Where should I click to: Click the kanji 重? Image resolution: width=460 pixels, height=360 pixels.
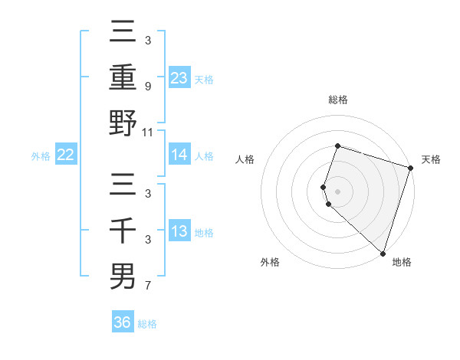tap(123, 77)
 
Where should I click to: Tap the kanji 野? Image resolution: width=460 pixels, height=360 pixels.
tap(123, 123)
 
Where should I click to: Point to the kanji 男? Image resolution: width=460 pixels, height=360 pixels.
tap(123, 276)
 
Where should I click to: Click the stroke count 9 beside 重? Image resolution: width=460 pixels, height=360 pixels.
tap(147, 87)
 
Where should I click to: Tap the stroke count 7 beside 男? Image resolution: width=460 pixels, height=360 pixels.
tap(147, 286)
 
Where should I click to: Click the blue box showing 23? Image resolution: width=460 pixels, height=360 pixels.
tap(179, 77)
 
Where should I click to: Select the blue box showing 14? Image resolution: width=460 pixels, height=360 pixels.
tap(179, 155)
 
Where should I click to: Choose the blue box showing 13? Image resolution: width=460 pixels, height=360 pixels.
tap(179, 231)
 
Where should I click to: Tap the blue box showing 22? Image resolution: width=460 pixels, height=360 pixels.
tap(66, 155)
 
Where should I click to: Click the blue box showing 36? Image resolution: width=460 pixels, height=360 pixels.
tap(123, 322)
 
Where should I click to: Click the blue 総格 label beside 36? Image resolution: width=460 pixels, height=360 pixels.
tap(147, 324)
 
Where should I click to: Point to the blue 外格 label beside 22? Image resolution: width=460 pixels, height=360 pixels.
tap(41, 155)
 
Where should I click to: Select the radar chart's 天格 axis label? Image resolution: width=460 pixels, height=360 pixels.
tap(431, 159)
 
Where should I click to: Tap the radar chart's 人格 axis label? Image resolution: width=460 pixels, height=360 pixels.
tap(245, 159)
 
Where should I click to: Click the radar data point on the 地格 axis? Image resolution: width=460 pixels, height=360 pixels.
tap(382, 253)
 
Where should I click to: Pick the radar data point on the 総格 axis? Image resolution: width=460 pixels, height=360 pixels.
tap(337, 146)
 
